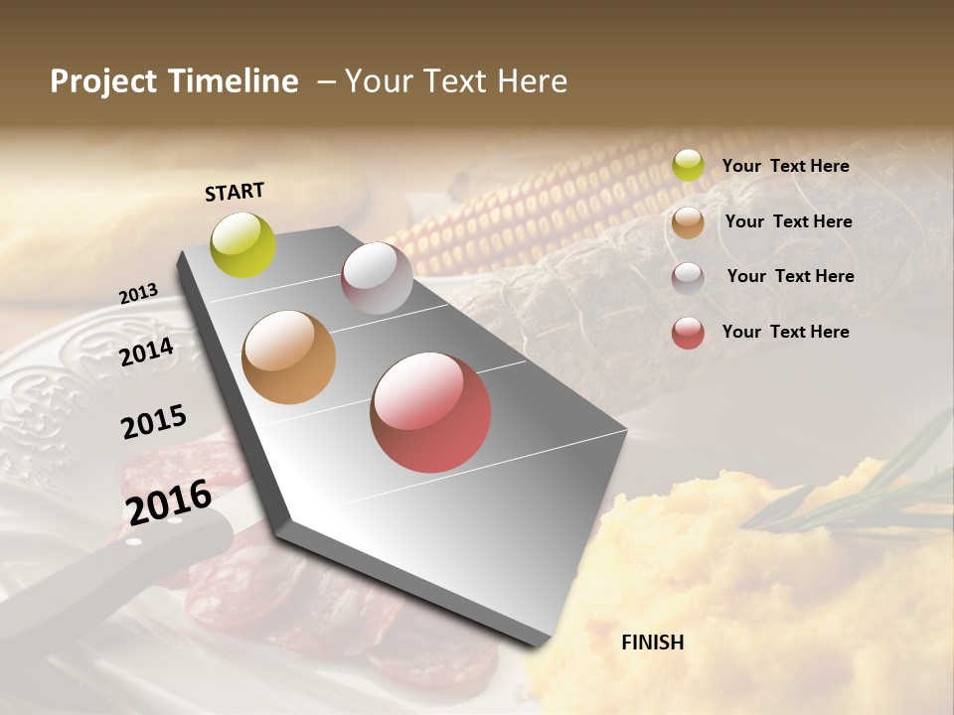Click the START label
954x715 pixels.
coord(235,192)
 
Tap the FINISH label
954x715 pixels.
coord(652,643)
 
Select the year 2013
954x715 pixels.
coord(138,294)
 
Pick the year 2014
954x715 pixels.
coord(146,352)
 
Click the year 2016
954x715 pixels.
coord(169,501)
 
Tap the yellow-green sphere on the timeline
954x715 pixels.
coord(242,244)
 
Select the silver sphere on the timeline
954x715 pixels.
coord(377,278)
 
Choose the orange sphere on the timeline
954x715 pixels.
coord(288,357)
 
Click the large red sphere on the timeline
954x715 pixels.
coord(430,412)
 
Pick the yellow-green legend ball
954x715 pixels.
coord(688,166)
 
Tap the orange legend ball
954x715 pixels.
coord(688,222)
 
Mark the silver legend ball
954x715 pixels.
coord(688,278)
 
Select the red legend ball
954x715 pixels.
coord(688,333)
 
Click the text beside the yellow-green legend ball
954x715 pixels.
coord(785,166)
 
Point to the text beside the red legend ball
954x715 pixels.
coord(785,332)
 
